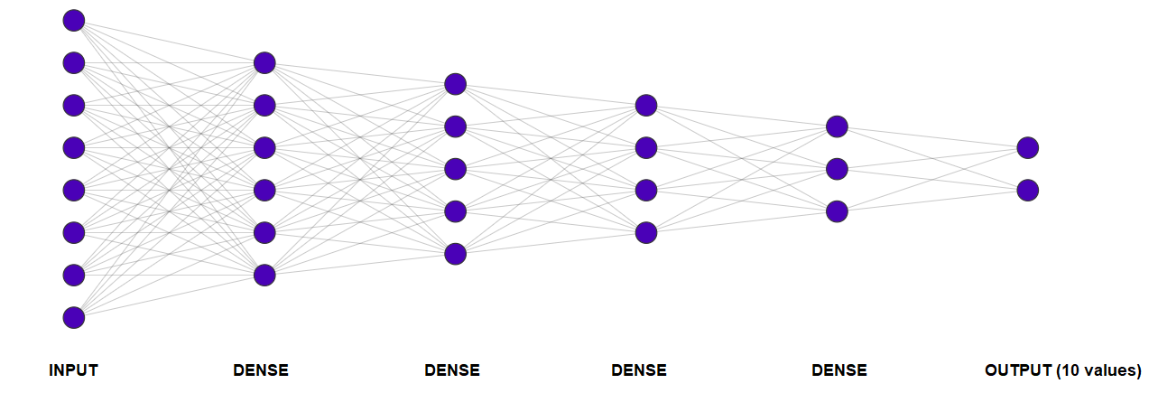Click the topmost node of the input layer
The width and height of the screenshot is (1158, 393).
pyautogui.click(x=74, y=20)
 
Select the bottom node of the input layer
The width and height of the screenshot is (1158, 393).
pyautogui.click(x=74, y=317)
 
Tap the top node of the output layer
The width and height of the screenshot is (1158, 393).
pyautogui.click(x=1027, y=147)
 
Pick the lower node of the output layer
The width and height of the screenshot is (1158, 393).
pyautogui.click(x=1027, y=190)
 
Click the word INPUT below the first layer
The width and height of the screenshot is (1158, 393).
pyautogui.click(x=73, y=370)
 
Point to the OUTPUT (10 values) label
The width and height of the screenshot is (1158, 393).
pyautogui.click(x=1062, y=370)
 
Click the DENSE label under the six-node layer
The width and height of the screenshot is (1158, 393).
pyautogui.click(x=261, y=370)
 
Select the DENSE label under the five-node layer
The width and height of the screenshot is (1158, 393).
pyautogui.click(x=452, y=370)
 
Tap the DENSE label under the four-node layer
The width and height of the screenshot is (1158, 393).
pyautogui.click(x=639, y=370)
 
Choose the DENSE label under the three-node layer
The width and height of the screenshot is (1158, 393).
pyautogui.click(x=839, y=370)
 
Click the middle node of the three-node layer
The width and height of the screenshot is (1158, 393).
pyautogui.click(x=838, y=169)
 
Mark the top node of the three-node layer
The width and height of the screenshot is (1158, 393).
pyautogui.click(x=838, y=126)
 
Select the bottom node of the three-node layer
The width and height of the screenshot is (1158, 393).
pyautogui.click(x=838, y=211)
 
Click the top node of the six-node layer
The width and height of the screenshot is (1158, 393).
pyautogui.click(x=264, y=62)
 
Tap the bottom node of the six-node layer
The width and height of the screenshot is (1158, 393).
pyautogui.click(x=264, y=275)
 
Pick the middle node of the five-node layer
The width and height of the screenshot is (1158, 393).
pyautogui.click(x=455, y=169)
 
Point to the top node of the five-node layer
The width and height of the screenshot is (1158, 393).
pyautogui.click(x=455, y=84)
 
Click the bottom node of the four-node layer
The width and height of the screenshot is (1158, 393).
pyautogui.click(x=645, y=232)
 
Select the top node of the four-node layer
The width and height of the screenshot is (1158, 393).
pyautogui.click(x=645, y=105)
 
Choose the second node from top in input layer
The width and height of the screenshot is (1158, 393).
pyautogui.click(x=74, y=62)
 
